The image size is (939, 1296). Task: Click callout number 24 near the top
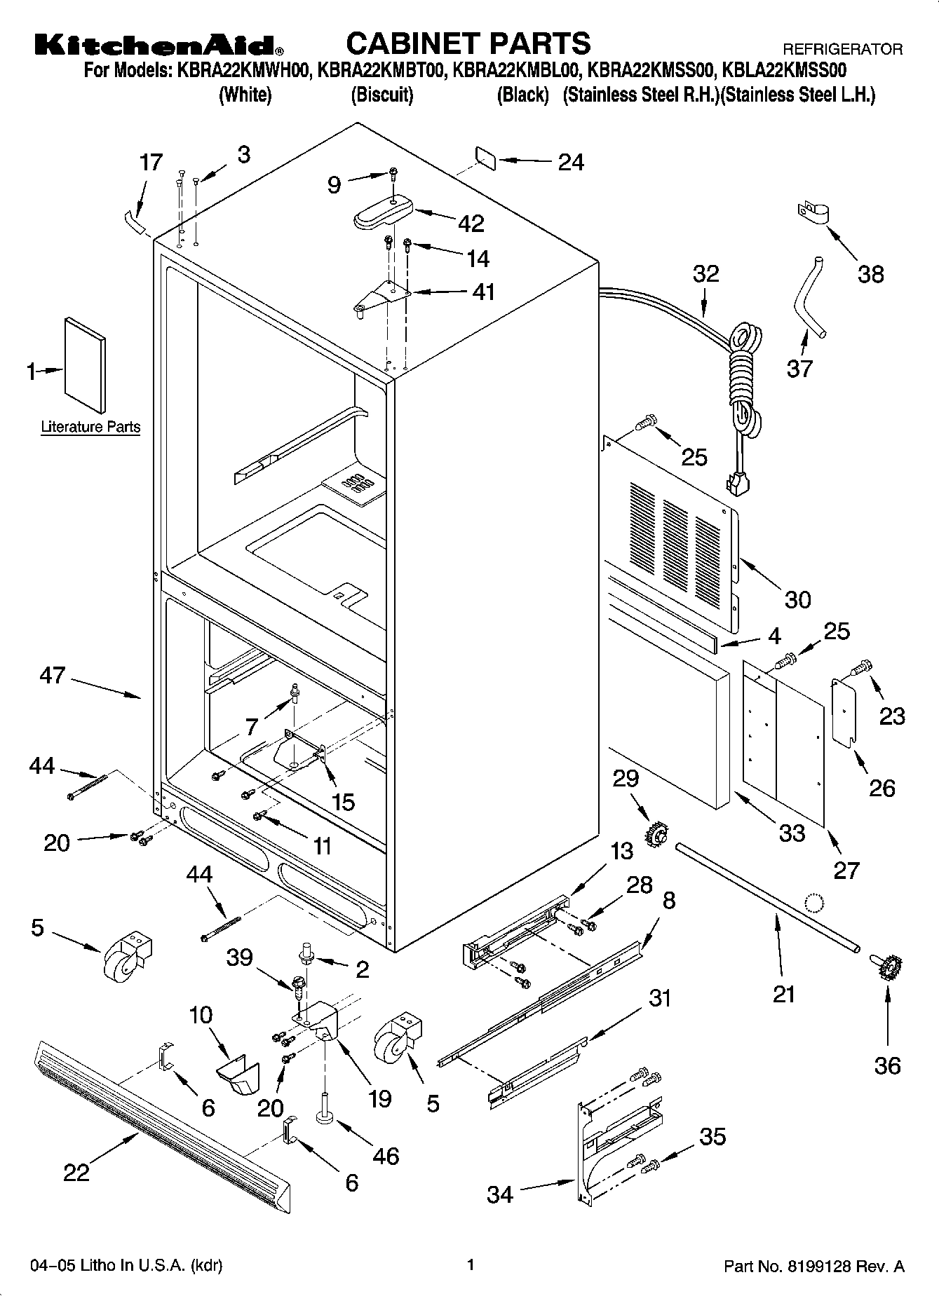tap(570, 162)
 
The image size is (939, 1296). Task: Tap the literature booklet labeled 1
tap(86, 364)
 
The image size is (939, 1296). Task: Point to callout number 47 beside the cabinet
tap(53, 676)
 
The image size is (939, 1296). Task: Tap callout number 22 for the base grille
tap(76, 1172)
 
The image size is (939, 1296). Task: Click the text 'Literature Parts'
tap(90, 427)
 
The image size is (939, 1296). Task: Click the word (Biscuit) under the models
tap(381, 95)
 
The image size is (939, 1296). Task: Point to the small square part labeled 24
tap(485, 158)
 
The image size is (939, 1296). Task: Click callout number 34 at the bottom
tap(500, 1194)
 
